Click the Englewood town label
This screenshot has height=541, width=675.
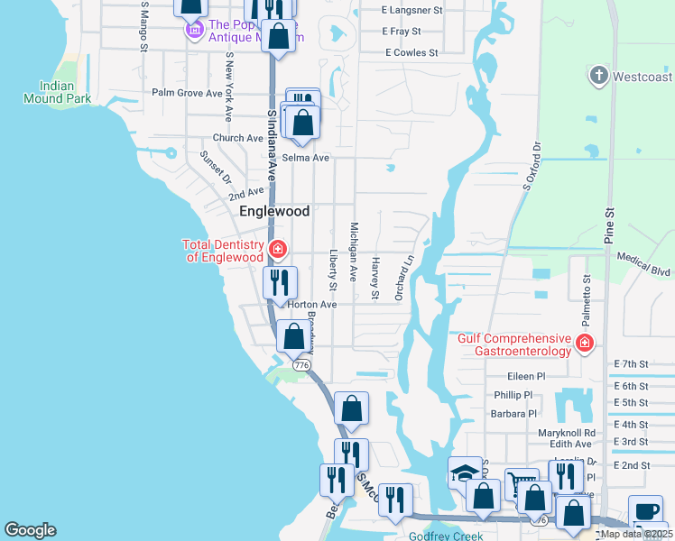coord(274,211)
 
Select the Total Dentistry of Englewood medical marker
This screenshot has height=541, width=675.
coord(278,248)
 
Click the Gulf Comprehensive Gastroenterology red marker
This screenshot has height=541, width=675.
coord(585,343)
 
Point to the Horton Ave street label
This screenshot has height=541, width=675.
coord(311,305)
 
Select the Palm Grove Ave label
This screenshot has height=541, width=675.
coord(187,93)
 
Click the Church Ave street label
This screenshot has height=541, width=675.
coord(237,138)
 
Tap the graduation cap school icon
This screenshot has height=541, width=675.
coord(464,472)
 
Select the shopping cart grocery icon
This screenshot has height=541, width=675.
coord(519,484)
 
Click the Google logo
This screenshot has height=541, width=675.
coord(30,530)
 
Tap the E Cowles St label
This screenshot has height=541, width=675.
coord(411,53)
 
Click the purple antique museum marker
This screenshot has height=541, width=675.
coord(193,30)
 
